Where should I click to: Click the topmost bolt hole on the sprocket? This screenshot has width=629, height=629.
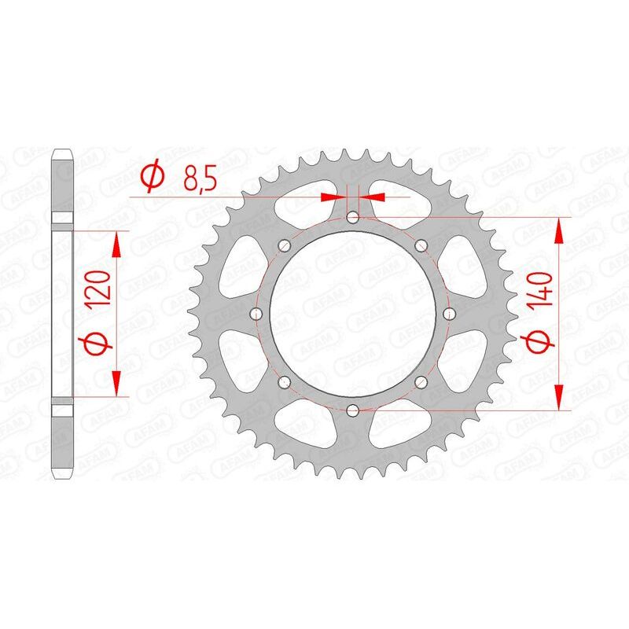(x=352, y=216)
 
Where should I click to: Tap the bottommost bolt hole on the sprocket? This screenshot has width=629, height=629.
(x=352, y=410)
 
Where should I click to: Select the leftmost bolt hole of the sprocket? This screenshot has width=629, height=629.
(x=256, y=313)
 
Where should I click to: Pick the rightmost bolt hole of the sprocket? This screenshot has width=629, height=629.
(x=449, y=313)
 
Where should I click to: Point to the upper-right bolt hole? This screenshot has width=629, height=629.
(x=421, y=245)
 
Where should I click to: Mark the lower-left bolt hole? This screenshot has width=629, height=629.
(x=284, y=381)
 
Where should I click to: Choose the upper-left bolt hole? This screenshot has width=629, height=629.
(x=284, y=245)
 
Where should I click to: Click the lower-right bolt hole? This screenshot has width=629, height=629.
(x=421, y=381)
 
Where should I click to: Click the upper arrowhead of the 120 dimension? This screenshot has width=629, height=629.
(x=116, y=243)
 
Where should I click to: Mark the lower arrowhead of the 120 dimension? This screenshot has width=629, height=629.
(x=116, y=384)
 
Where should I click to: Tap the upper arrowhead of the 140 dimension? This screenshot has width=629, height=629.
(x=560, y=230)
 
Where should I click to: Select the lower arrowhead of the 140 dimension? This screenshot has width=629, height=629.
(x=560, y=398)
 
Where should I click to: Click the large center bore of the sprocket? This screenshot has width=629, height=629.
(x=352, y=313)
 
